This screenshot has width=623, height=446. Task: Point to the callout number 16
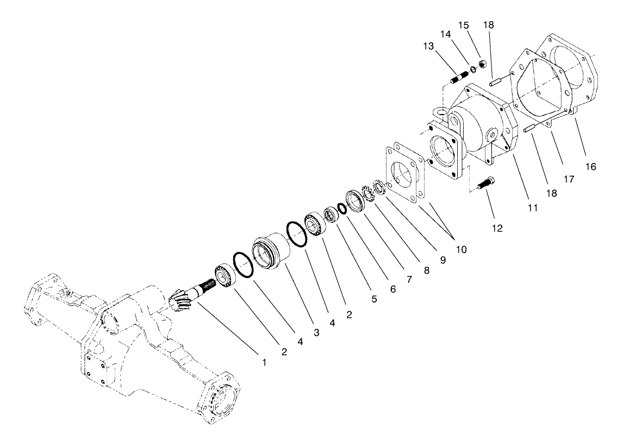591,167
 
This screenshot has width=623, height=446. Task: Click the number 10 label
462,250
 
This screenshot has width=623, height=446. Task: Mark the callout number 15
463,26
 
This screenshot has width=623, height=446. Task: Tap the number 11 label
532,208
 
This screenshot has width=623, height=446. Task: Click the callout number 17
569,179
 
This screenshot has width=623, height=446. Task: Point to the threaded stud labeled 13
460,77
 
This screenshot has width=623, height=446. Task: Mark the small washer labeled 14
473,70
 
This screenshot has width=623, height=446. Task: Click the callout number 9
443,260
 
